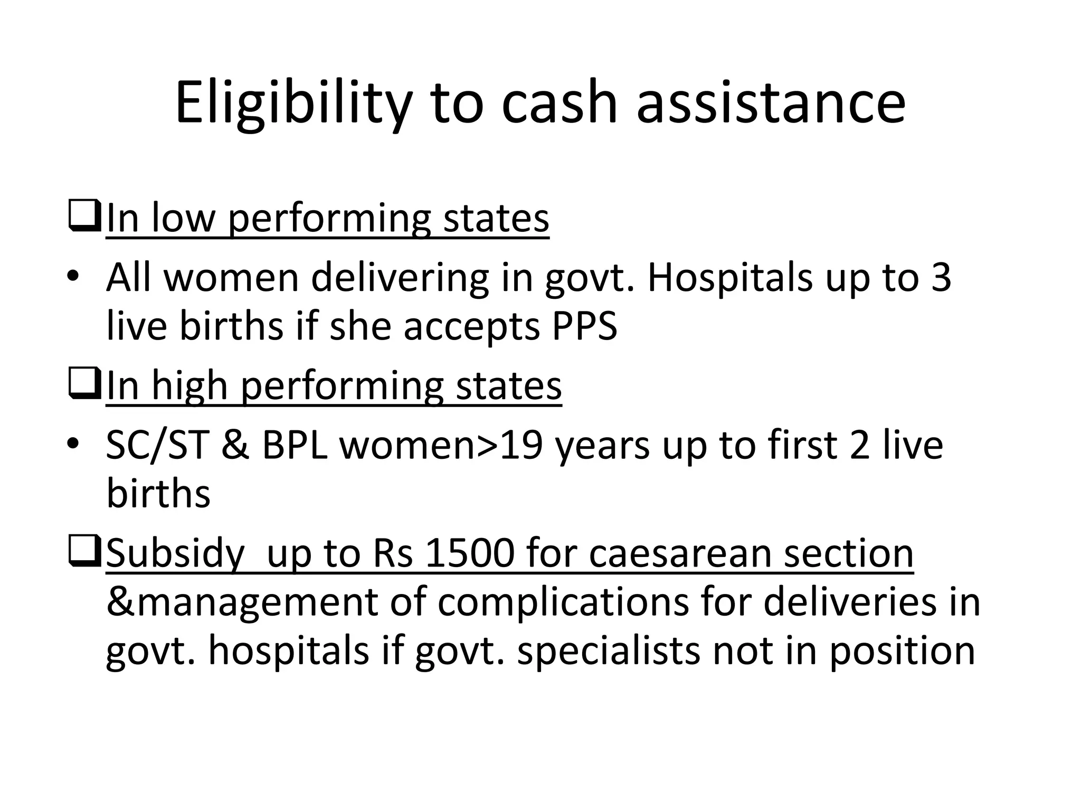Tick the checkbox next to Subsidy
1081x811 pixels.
tap(84, 553)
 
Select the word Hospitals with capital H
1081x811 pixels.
tap(729, 278)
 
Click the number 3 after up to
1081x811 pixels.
tap(941, 278)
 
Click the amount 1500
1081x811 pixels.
tap(470, 554)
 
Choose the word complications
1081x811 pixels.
tap(563, 603)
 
